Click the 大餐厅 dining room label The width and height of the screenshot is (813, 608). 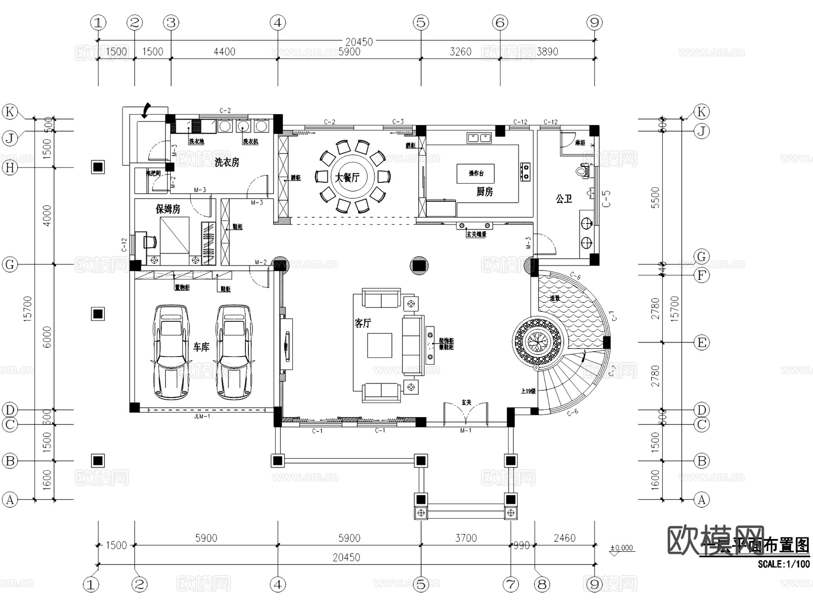click(347, 177)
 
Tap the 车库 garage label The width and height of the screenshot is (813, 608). click(201, 347)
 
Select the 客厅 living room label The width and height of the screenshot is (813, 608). click(363, 323)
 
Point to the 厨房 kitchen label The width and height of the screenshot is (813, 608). click(484, 192)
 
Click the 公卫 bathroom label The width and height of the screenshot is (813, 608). click(564, 199)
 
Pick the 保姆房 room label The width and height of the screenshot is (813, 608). click(168, 209)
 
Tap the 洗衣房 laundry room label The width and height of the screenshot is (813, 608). click(227, 162)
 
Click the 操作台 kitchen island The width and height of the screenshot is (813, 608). click(476, 173)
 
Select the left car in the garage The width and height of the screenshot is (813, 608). click(170, 352)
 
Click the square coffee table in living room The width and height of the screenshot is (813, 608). click(379, 345)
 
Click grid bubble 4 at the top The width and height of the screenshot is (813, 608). click(278, 22)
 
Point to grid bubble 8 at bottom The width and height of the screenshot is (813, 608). click(542, 585)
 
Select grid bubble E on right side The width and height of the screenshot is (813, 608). click(701, 343)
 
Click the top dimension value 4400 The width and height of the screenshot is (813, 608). click(224, 51)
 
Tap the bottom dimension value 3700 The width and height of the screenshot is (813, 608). click(466, 538)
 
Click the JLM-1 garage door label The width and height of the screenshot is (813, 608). click(202, 416)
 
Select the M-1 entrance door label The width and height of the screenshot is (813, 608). click(466, 431)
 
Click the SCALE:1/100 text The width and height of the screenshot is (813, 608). click(784, 564)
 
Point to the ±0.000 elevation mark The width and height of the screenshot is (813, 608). click(622, 548)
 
